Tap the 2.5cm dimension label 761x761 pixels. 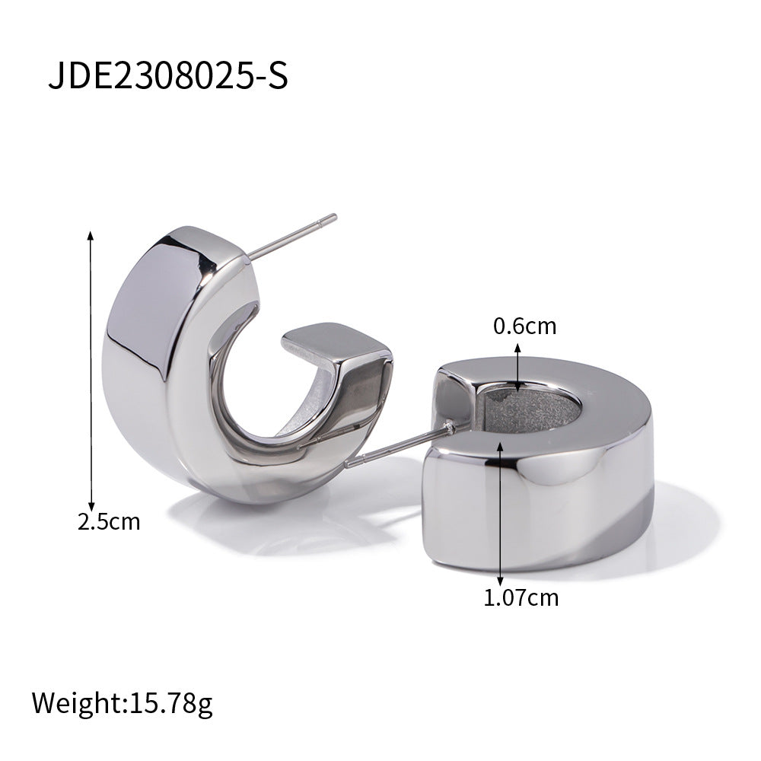pyautogui.click(x=110, y=521)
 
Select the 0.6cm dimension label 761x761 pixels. pyautogui.click(x=525, y=327)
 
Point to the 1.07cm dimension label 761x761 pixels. pyautogui.click(x=521, y=597)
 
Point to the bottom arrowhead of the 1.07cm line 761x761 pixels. pyautogui.click(x=500, y=581)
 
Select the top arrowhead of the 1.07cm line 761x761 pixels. pyautogui.click(x=500, y=441)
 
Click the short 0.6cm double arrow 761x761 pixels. pyautogui.click(x=518, y=367)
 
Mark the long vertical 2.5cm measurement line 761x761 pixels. pyautogui.click(x=91, y=373)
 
